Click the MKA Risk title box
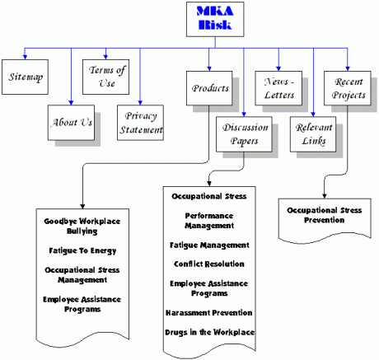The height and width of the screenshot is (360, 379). [215, 19]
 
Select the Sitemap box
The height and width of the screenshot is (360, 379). [25, 77]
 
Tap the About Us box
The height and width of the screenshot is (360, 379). [71, 123]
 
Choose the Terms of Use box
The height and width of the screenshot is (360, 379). [105, 77]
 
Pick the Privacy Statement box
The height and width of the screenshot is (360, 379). [140, 123]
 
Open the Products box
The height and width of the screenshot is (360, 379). [209, 88]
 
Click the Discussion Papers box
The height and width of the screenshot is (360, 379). [244, 134]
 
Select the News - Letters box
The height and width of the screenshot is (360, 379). [278, 88]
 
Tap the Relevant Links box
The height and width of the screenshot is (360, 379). [313, 134]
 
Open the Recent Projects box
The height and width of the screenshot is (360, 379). [348, 88]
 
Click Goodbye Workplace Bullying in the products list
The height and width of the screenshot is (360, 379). [82, 227]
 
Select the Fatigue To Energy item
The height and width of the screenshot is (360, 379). [82, 251]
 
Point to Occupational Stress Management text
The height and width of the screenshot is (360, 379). [82, 275]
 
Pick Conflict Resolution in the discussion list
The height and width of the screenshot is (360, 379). [209, 264]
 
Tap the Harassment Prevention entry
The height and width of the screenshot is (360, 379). [209, 313]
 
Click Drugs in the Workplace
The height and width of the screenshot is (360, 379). [210, 332]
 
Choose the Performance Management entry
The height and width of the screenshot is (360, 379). [209, 221]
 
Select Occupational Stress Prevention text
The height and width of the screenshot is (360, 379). [325, 215]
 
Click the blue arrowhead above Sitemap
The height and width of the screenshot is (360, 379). [25, 57]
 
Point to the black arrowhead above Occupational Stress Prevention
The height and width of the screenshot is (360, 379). [325, 196]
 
